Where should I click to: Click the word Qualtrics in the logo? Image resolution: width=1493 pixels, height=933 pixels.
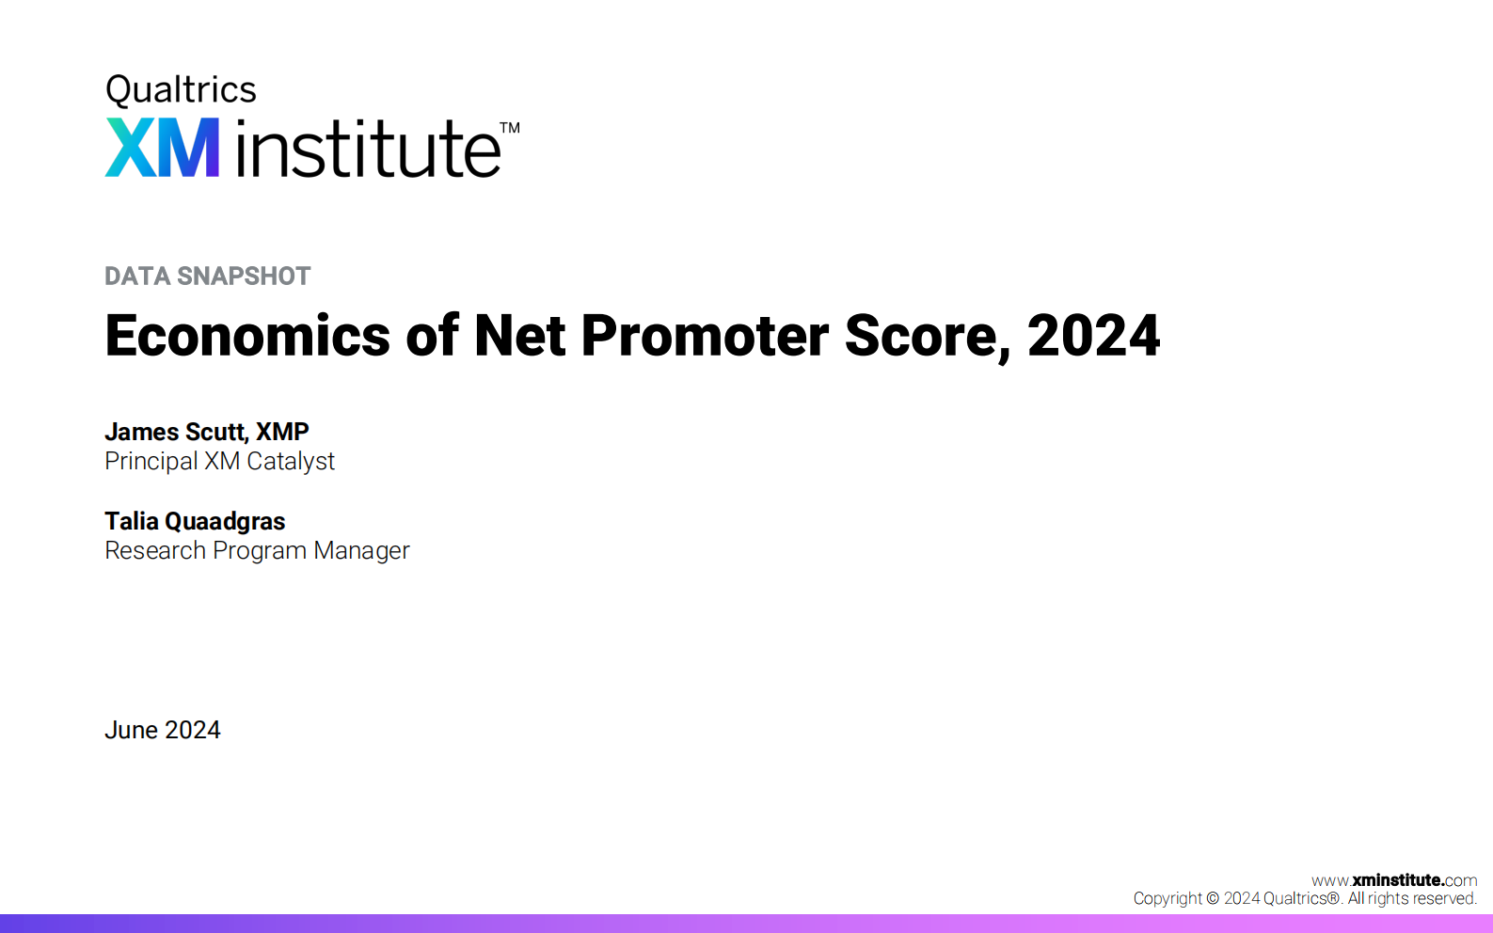[x=181, y=90]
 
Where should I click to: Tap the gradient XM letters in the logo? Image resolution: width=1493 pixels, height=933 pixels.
[x=162, y=148]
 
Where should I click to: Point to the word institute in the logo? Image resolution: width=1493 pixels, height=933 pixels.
[x=368, y=149]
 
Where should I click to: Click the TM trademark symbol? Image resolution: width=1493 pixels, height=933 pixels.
[x=509, y=128]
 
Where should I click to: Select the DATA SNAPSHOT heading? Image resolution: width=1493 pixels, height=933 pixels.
[x=207, y=276]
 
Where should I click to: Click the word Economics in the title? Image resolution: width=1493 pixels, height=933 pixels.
[x=247, y=336]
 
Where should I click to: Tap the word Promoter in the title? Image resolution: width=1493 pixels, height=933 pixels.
[x=705, y=336]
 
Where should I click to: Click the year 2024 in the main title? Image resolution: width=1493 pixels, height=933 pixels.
[x=1093, y=336]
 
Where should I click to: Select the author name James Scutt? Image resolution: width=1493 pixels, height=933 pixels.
[x=175, y=432]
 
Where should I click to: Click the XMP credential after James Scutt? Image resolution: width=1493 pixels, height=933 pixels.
[x=282, y=432]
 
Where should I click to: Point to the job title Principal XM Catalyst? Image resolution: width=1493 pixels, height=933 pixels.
[x=219, y=461]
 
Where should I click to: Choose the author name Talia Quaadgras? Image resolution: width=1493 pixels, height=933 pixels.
[x=195, y=521]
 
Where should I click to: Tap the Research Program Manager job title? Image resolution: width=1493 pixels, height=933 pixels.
[x=257, y=550]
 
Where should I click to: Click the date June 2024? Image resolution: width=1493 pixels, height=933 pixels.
[x=162, y=730]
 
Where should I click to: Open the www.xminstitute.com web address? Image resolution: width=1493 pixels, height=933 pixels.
[x=1393, y=880]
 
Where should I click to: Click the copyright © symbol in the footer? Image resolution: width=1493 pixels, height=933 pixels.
[x=1213, y=898]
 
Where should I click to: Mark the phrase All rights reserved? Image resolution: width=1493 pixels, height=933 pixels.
[x=1411, y=898]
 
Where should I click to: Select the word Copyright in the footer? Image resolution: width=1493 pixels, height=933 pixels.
[x=1167, y=898]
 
